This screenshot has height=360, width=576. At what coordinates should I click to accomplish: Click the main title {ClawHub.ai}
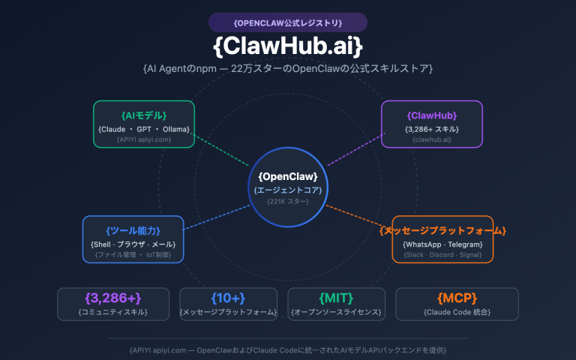(288, 46)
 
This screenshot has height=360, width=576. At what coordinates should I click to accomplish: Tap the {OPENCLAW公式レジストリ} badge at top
(288, 22)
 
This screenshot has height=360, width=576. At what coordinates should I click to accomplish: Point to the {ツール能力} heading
(133, 230)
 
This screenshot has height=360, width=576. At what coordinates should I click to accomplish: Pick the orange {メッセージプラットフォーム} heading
(442, 230)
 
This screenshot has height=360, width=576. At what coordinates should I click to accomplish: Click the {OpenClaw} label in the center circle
(288, 176)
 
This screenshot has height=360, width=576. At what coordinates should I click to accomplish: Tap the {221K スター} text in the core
(288, 202)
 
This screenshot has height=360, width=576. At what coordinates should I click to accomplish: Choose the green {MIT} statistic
(336, 298)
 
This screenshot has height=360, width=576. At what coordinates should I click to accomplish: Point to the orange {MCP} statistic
(456, 298)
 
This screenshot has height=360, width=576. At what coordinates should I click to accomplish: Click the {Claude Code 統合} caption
(456, 312)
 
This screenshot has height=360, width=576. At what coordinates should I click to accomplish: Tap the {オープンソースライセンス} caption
(336, 312)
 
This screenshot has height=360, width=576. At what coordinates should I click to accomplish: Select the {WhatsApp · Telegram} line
(442, 244)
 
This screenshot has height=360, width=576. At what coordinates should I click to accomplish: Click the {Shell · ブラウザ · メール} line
(133, 244)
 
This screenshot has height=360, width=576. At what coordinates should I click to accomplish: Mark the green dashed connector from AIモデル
(222, 150)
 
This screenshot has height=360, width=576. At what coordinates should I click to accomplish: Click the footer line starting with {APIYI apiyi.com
(288, 349)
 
